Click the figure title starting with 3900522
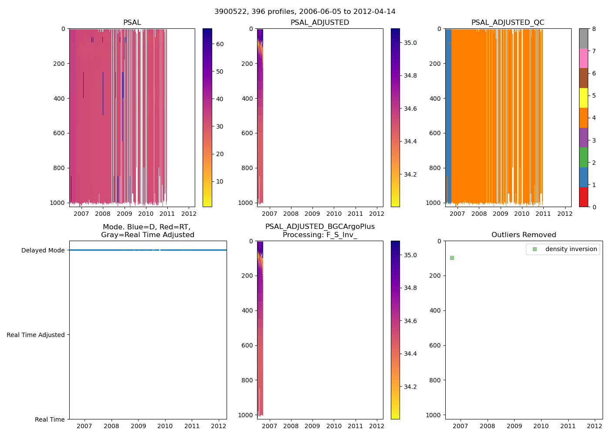[305, 12]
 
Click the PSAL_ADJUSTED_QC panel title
[508, 23]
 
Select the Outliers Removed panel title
[524, 235]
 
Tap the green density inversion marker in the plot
[452, 258]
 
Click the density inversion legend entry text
[571, 249]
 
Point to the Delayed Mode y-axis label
[43, 250]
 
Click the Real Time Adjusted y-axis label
[36, 335]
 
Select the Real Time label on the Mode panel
[50, 419]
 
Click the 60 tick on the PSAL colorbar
[220, 44]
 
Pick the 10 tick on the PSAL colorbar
[220, 181]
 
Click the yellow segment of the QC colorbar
[583, 98]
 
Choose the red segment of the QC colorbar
[583, 197]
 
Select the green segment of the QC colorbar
[583, 157]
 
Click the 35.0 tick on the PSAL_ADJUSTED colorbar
[410, 43]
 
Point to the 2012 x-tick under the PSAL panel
[188, 214]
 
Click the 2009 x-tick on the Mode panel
[138, 426]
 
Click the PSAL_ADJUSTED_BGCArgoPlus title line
[320, 227]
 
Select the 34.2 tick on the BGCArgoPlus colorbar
[410, 387]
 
